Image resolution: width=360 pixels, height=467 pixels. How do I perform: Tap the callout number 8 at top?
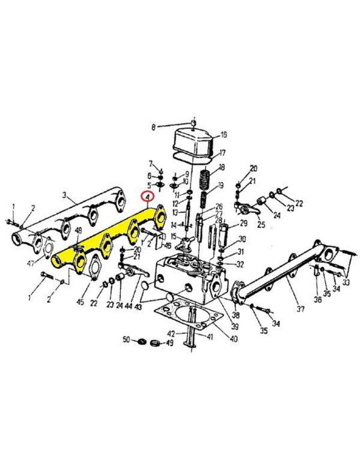point(153,127)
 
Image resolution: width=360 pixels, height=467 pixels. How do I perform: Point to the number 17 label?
point(223,152)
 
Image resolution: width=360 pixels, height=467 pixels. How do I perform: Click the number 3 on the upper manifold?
point(65,195)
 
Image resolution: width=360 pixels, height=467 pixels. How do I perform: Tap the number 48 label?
point(78,231)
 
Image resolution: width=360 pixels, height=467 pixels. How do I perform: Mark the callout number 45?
point(80,303)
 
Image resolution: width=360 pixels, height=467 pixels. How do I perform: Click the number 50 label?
point(125,341)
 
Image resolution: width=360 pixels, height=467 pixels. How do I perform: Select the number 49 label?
point(169,344)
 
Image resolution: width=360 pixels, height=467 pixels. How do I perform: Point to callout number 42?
point(171,333)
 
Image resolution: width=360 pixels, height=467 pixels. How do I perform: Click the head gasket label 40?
point(233,338)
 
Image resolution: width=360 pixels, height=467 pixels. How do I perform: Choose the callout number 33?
point(346,283)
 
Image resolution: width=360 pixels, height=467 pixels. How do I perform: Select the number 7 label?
point(151,163)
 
